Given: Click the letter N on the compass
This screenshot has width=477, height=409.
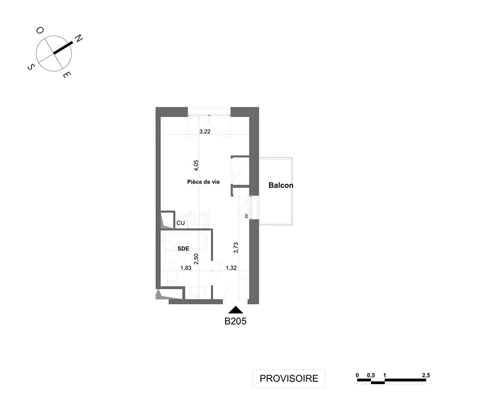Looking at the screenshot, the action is point(79,39).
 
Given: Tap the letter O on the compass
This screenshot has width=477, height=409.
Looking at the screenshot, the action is point(40,31).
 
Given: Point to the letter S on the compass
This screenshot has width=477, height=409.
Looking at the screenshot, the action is point(31,67).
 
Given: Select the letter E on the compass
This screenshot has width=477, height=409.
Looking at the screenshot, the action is point(67,74).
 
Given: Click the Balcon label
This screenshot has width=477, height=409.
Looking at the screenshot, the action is point(281,185).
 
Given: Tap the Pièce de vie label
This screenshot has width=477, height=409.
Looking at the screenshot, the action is point(203,182).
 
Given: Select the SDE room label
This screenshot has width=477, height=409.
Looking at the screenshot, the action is point(184,249).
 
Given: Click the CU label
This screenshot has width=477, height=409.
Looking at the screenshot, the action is point(181,223).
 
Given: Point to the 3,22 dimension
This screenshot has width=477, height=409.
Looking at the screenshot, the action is point(205,132).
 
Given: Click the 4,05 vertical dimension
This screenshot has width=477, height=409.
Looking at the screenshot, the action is point(197,166).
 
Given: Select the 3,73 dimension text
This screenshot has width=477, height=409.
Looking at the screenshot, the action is point(236,248).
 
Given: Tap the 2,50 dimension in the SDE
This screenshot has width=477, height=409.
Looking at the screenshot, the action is point(196,259).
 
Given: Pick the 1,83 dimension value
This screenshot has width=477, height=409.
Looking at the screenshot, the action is point(186,268).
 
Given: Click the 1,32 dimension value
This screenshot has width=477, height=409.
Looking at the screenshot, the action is point(231,268).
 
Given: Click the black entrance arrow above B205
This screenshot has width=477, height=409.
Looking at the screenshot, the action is point(236,310).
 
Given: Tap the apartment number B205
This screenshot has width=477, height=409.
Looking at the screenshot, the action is point(236,321).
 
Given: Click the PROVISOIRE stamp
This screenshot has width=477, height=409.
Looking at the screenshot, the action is point(289,378).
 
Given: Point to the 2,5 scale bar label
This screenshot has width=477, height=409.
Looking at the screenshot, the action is point(426,375).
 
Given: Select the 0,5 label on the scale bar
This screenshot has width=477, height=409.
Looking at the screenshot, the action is point(371,375).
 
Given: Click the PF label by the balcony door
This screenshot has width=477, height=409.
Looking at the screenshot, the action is point(247,216).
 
